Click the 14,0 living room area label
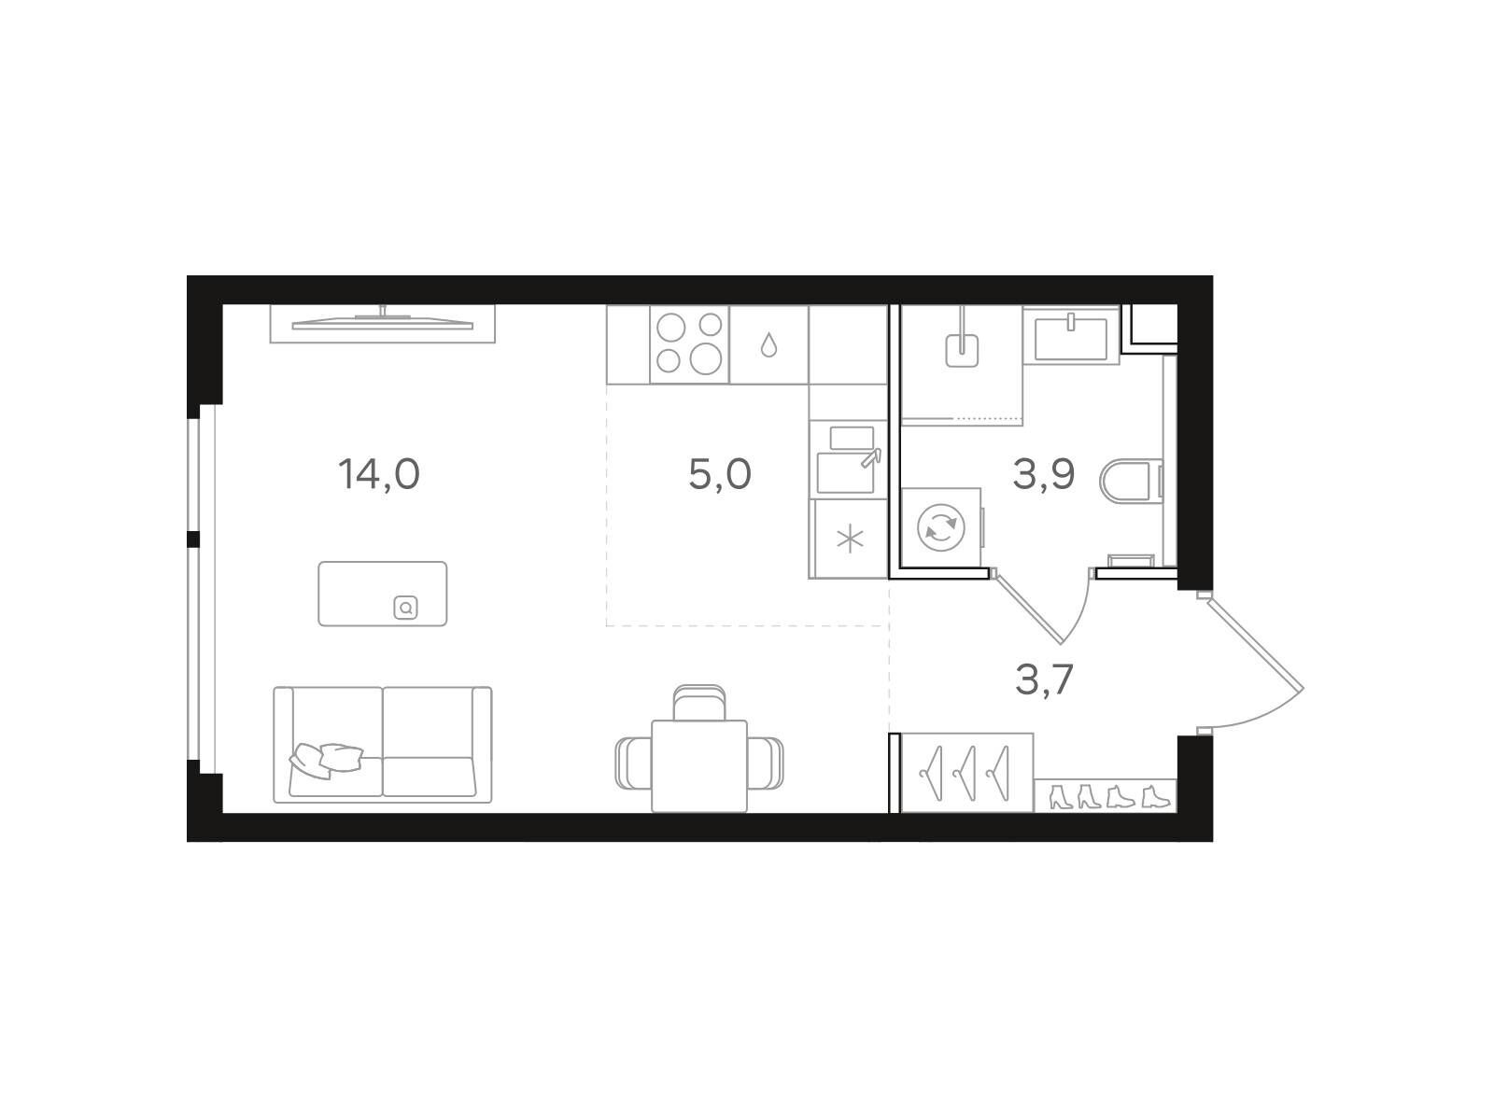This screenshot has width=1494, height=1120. (378, 474)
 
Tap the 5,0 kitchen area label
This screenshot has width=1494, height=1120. (719, 474)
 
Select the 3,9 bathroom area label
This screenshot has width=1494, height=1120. (1043, 474)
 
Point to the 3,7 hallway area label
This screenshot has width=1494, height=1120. (1044, 679)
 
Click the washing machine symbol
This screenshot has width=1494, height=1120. (941, 527)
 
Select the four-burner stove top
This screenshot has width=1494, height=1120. (689, 344)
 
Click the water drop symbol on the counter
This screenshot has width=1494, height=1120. (768, 344)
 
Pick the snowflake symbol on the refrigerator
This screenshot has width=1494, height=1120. (850, 540)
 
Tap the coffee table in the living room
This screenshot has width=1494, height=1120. (383, 594)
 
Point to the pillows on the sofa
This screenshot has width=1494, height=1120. (325, 760)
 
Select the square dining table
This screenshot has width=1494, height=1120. (699, 766)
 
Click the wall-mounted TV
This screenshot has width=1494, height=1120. (383, 323)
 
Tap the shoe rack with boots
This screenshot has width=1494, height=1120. (1106, 795)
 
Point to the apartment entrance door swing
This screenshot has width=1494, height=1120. (1251, 663)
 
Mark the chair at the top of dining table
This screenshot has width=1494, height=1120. (699, 702)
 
